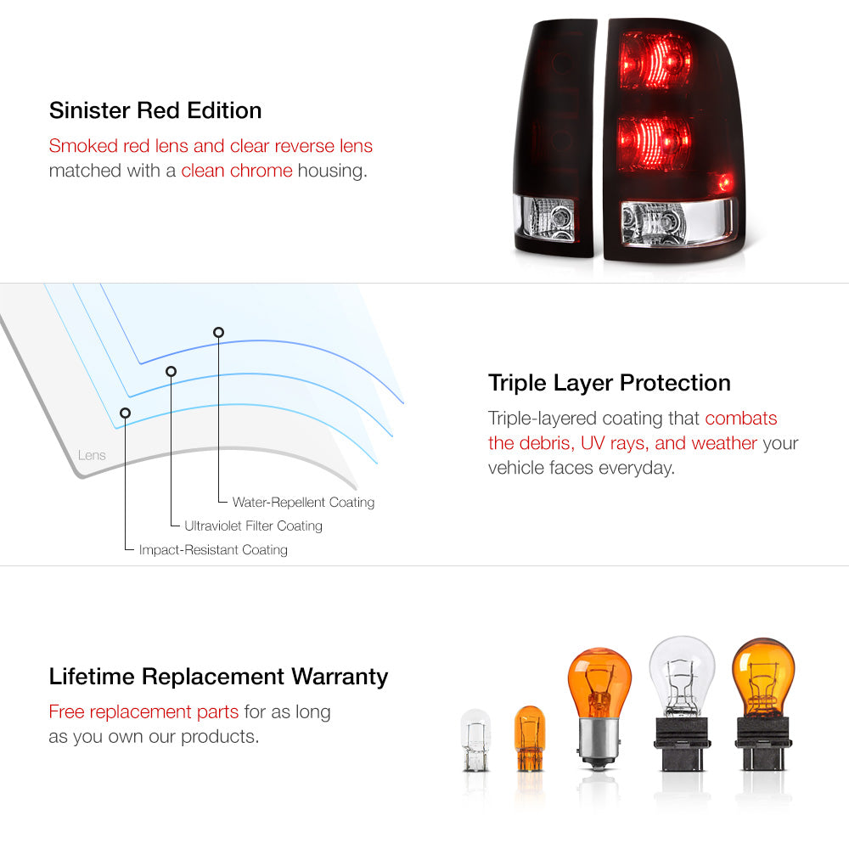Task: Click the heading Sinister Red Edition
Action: (155, 110)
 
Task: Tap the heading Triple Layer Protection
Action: (609, 383)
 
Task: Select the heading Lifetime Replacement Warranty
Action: (218, 677)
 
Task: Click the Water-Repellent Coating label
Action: (303, 503)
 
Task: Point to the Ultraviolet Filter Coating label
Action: (253, 526)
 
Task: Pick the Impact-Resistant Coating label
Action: (213, 549)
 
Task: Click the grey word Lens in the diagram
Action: (92, 455)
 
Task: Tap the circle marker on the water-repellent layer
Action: (218, 332)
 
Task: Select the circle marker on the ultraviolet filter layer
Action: (171, 371)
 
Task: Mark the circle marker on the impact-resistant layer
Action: (125, 413)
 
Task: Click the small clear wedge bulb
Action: (475, 740)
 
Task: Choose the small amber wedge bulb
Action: (529, 738)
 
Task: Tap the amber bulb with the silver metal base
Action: (599, 708)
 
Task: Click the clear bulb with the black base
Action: (682, 703)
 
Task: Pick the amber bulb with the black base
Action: (763, 704)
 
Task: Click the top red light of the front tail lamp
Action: (655, 60)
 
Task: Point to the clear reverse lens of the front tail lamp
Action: (677, 222)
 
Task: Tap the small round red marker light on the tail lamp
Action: (724, 183)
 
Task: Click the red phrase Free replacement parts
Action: (143, 711)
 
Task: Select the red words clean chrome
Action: (237, 171)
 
